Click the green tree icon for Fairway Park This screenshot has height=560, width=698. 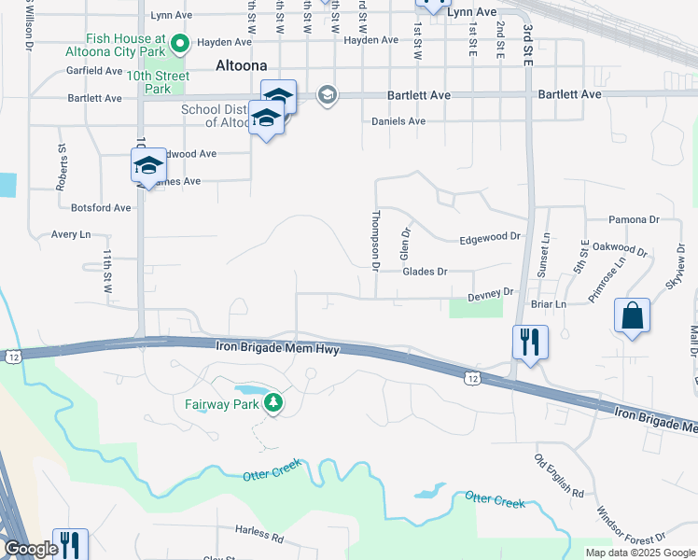click(273, 403)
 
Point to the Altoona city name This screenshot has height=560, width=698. click(241, 65)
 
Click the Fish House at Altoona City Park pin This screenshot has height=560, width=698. click(181, 42)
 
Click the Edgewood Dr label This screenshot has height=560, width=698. click(489, 239)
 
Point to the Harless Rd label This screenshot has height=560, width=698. click(258, 536)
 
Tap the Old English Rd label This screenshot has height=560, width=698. click(558, 475)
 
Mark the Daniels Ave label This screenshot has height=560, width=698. click(398, 121)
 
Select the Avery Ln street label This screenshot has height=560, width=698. click(71, 234)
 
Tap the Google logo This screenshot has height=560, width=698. click(31, 549)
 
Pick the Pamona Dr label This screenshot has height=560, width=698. click(634, 219)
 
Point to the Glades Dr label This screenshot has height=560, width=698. click(425, 271)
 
